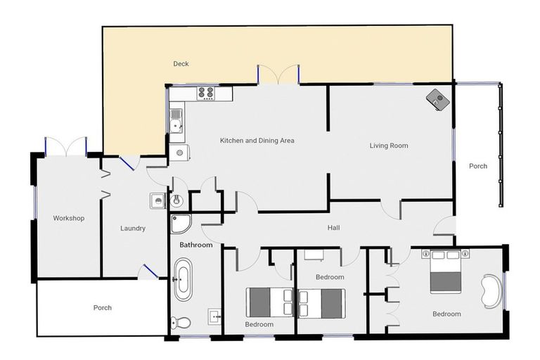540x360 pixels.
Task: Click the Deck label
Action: point(181,64)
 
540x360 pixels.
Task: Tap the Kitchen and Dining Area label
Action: point(257,141)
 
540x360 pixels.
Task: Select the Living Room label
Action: point(389,146)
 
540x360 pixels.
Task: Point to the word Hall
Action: point(333,228)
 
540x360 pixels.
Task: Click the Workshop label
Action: point(68,219)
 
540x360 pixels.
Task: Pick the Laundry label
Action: point(133,229)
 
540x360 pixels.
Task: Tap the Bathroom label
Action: point(196,245)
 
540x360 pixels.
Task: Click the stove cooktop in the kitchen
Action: point(206,94)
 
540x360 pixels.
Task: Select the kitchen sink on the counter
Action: point(176,120)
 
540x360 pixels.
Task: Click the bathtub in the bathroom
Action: point(183,279)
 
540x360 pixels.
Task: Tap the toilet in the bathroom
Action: point(181,323)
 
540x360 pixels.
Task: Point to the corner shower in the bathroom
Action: point(181,224)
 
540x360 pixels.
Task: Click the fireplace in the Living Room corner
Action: point(437,100)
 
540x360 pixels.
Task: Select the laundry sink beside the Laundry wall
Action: point(158,200)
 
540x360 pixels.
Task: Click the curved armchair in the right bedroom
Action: point(491,291)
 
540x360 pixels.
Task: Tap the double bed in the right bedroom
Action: point(446,271)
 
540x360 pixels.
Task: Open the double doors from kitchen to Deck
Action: point(278,74)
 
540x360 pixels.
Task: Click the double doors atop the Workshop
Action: point(66,146)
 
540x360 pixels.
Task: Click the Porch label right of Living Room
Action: point(478,166)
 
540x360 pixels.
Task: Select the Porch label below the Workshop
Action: point(102,308)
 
